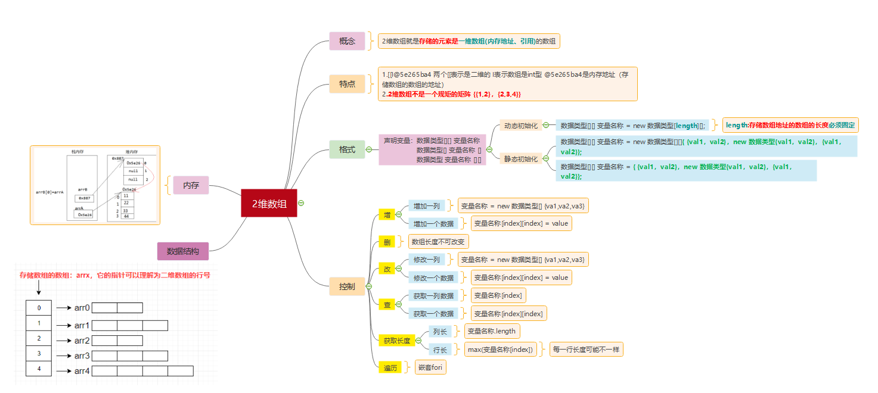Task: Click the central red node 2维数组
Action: coord(269,203)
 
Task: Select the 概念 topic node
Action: coord(347,41)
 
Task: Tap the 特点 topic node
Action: coord(347,84)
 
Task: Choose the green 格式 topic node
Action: coord(347,149)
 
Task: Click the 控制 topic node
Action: coord(347,287)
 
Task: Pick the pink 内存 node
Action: coord(191,186)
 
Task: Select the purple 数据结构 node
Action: coord(183,251)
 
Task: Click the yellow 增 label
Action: coord(387,214)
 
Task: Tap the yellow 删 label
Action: coord(387,242)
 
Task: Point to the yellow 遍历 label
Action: coord(390,367)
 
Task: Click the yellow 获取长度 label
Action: coord(396,341)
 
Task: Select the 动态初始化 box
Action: coord(521,126)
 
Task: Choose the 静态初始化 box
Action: coord(521,159)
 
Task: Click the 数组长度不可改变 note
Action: coord(438,242)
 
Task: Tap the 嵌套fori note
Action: coord(430,367)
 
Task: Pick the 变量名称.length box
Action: coord(492,331)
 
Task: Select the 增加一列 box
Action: coord(426,206)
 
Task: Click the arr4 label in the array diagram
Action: coord(82,371)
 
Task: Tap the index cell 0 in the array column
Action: coord(39,308)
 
